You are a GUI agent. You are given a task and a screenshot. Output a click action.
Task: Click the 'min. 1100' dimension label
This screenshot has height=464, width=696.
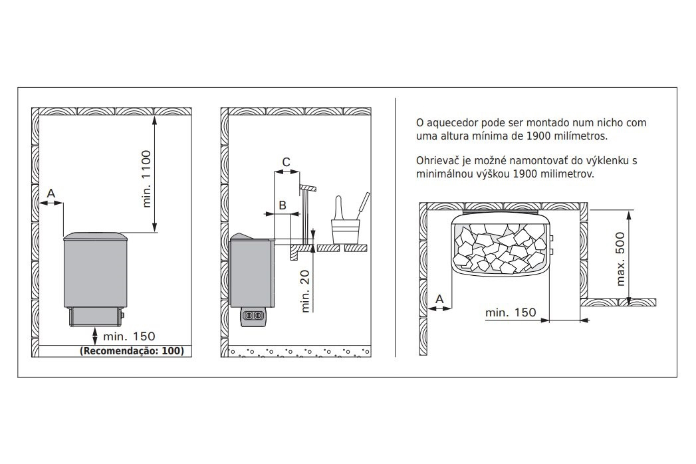(x=147, y=179)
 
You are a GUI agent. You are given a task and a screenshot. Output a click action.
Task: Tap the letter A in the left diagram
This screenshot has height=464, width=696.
(x=51, y=193)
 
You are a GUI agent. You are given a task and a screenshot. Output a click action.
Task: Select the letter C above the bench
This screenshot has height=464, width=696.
(x=287, y=162)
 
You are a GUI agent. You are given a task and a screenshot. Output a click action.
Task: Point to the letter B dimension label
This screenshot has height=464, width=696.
(x=283, y=205)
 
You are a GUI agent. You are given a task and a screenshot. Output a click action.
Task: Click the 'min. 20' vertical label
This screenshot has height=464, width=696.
(x=305, y=291)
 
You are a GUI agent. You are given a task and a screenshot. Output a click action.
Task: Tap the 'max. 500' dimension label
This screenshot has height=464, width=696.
(x=620, y=259)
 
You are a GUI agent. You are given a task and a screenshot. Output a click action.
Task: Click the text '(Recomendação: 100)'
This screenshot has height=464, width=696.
(x=132, y=351)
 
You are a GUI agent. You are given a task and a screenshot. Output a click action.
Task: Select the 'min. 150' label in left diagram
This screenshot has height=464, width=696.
(x=129, y=336)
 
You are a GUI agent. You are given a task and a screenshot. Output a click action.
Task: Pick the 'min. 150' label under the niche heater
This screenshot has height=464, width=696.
(x=511, y=312)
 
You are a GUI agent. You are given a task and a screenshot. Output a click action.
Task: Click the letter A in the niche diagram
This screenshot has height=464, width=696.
(x=439, y=299)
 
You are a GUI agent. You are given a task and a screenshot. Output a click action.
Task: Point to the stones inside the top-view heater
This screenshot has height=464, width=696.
(x=500, y=248)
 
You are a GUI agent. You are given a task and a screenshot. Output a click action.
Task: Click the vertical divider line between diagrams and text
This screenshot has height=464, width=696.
(x=395, y=227)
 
